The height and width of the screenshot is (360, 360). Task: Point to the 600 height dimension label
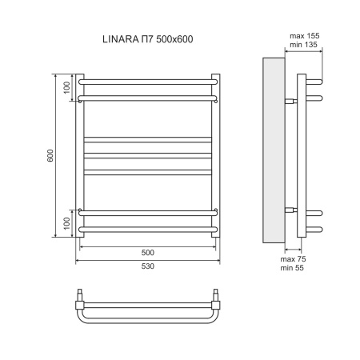point(50,156)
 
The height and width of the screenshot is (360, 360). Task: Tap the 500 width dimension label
point(148,253)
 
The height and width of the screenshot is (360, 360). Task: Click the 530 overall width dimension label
point(148,266)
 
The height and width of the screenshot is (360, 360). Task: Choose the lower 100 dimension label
point(68,221)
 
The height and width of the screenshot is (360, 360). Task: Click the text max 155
point(303,36)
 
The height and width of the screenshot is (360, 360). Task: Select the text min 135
point(303,46)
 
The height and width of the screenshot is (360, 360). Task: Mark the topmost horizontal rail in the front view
point(148,80)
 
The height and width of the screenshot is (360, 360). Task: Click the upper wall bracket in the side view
point(290,101)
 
